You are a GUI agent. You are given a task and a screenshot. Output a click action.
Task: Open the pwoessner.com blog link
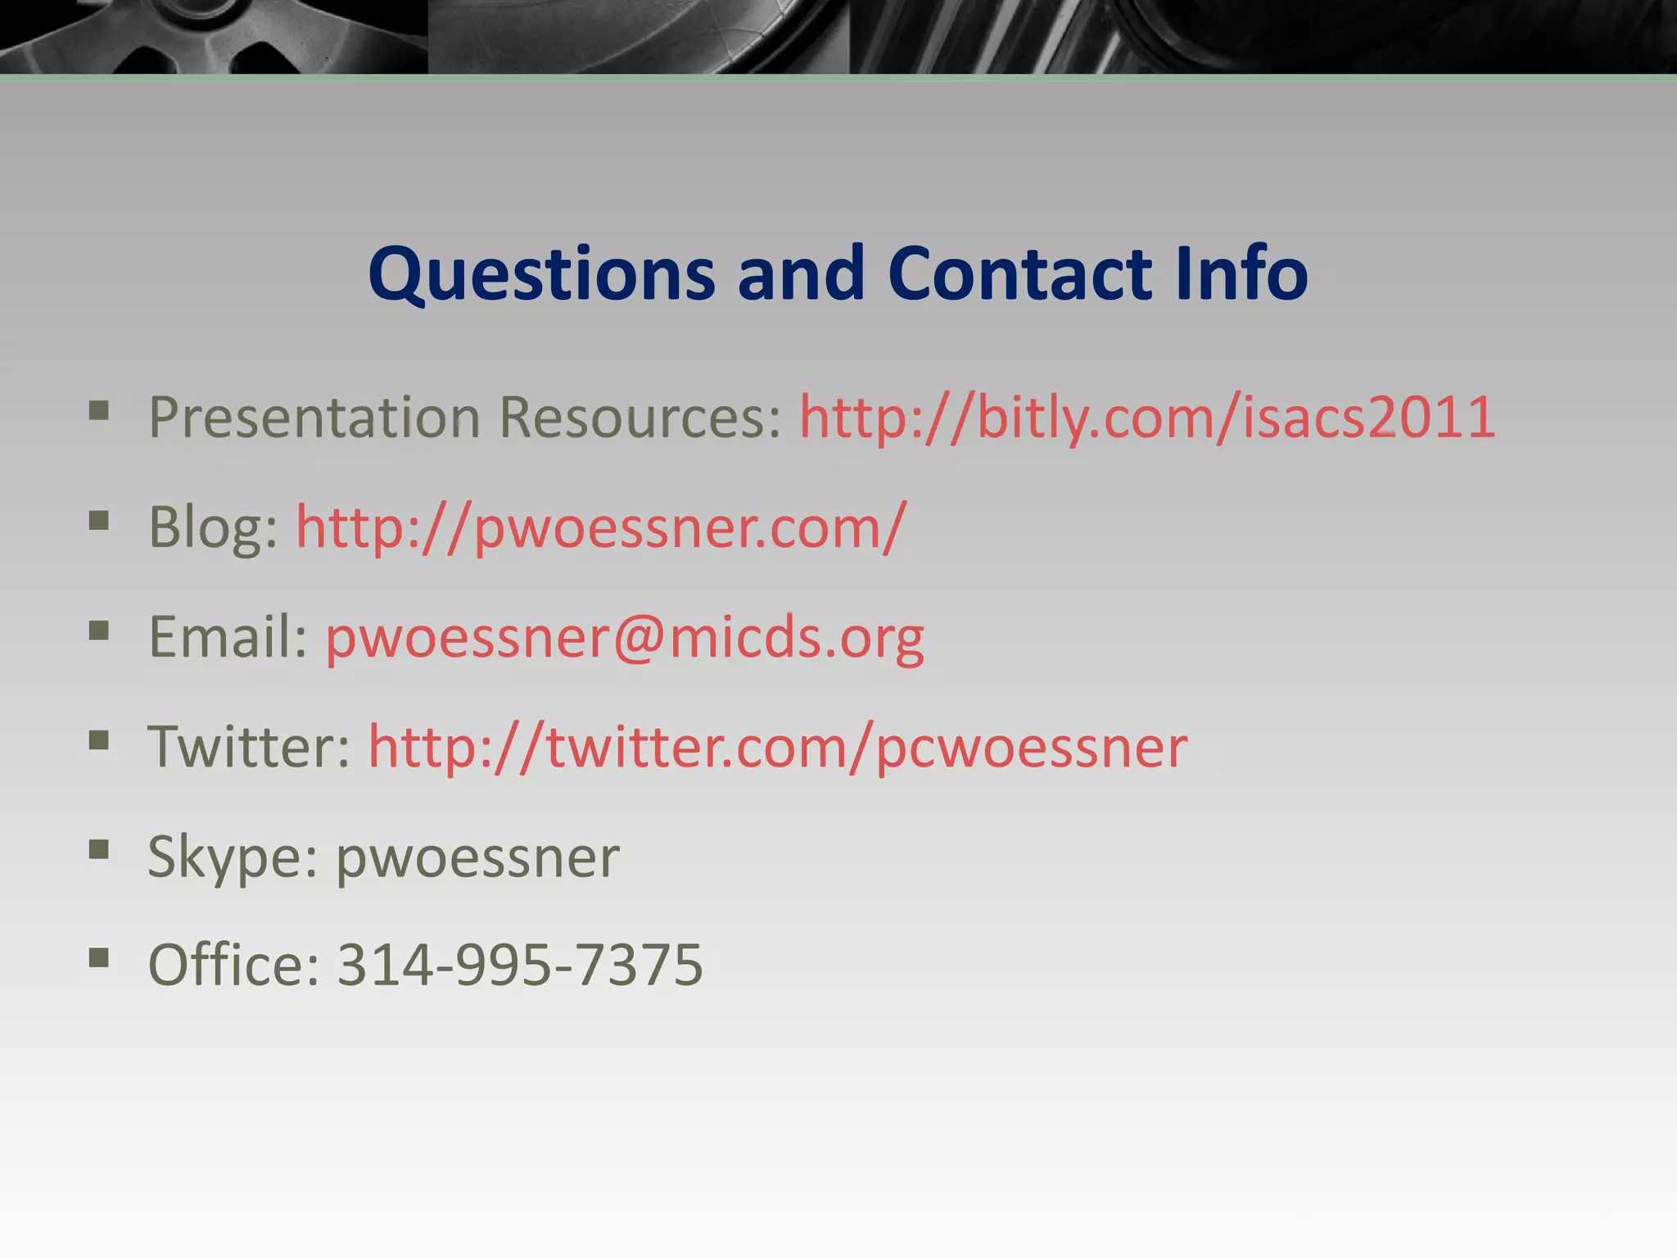click(601, 527)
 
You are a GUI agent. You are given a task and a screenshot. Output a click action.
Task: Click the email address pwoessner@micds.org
click(625, 637)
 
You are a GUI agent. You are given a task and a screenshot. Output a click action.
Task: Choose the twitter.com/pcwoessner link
click(777, 747)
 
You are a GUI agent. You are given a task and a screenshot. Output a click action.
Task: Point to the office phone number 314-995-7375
click(520, 965)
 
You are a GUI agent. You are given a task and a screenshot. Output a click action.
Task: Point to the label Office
click(233, 965)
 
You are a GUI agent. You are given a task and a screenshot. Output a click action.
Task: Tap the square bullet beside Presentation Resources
click(99, 410)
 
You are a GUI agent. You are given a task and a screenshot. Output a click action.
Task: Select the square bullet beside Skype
click(99, 849)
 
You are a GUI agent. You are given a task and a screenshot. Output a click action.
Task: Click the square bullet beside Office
click(99, 957)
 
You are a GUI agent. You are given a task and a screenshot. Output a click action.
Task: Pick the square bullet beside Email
click(99, 630)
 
